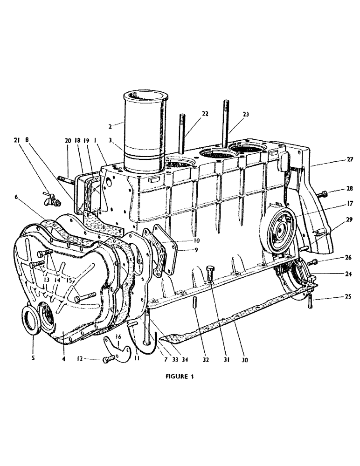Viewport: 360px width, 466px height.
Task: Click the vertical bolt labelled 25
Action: (x=309, y=302)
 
